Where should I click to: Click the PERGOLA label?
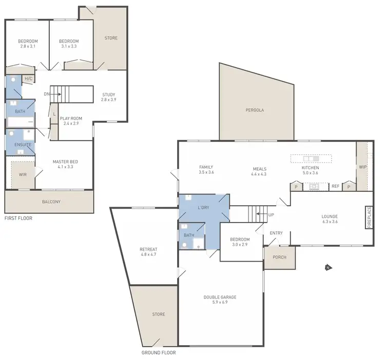[x=254, y=110]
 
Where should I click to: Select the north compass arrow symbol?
[x=328, y=267]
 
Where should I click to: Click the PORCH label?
[x=279, y=257]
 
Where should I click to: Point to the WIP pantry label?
[x=363, y=167]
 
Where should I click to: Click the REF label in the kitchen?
[x=335, y=186]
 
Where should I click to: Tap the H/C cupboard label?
[x=28, y=78]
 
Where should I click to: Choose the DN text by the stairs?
[x=47, y=94]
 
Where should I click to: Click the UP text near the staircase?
[x=271, y=214]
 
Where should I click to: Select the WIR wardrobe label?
[x=23, y=175]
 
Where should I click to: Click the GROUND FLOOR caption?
[x=158, y=353]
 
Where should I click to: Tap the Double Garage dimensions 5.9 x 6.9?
[x=220, y=303]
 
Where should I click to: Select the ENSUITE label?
[x=23, y=145]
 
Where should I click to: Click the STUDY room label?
[x=108, y=94]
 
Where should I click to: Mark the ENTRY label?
[x=276, y=233]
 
